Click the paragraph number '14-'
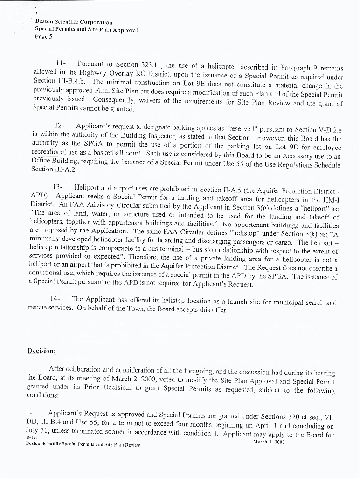(55, 299)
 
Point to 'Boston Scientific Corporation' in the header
(74, 22)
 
